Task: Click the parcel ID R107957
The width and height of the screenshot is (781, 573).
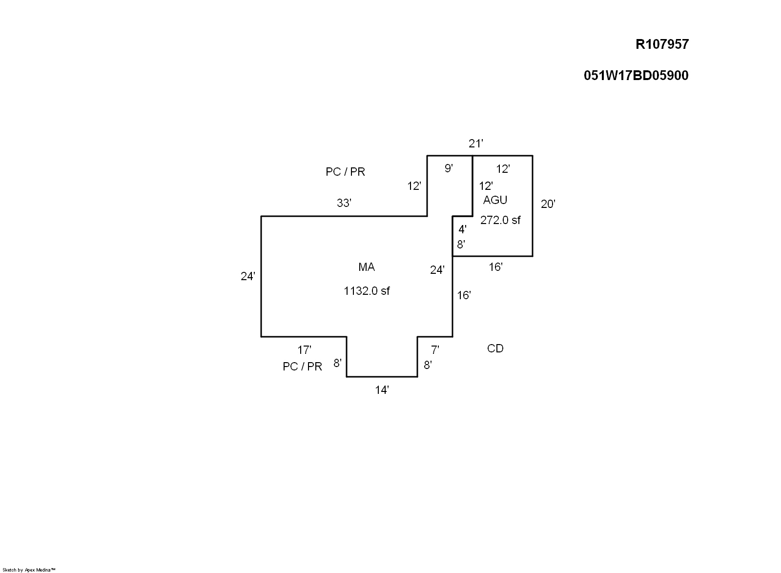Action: (662, 44)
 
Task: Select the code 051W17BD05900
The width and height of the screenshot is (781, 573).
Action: (636, 76)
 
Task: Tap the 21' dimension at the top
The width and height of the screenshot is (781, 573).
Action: (476, 143)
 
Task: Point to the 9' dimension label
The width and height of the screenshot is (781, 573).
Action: (449, 168)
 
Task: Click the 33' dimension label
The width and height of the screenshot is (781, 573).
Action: (344, 203)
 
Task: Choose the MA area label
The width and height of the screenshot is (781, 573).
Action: (367, 267)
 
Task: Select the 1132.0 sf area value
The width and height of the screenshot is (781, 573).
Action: (367, 291)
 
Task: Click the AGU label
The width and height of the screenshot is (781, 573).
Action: (495, 200)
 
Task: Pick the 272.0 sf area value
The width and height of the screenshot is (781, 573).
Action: (500, 220)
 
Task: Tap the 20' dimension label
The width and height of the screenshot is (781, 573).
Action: (548, 204)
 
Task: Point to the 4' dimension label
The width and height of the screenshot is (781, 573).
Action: (463, 229)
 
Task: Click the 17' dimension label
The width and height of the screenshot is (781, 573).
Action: (305, 350)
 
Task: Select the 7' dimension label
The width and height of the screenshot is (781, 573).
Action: (435, 350)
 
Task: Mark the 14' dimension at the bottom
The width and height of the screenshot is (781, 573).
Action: (382, 390)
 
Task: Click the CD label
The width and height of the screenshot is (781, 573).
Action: (495, 348)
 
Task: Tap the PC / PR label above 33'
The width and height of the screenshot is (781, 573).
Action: (345, 172)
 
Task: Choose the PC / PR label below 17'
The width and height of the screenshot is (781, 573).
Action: (302, 367)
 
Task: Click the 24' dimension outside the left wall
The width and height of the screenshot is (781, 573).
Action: (248, 276)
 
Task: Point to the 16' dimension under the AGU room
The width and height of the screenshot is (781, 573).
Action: (495, 267)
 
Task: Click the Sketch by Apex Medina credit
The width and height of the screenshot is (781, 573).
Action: (29, 570)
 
